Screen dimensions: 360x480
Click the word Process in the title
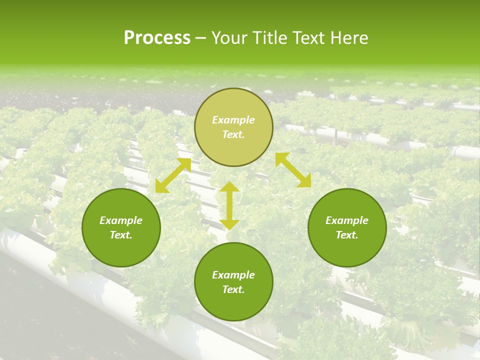click(157, 38)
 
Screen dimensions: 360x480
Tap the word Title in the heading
click(270, 38)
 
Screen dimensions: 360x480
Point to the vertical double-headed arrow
click(229, 205)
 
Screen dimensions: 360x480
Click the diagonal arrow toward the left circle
click(173, 175)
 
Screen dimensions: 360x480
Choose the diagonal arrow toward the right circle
click(293, 170)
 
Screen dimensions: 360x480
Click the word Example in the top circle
click(233, 120)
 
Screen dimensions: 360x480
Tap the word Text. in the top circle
click(233, 134)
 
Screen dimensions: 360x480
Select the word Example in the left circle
click(121, 220)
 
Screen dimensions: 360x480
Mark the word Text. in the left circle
click(121, 235)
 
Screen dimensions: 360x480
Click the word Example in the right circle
click(347, 220)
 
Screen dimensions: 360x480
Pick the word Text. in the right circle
click(347, 235)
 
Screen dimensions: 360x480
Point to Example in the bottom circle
click(233, 275)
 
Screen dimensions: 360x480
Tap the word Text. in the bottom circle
click(233, 289)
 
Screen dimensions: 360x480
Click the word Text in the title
click(309, 38)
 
